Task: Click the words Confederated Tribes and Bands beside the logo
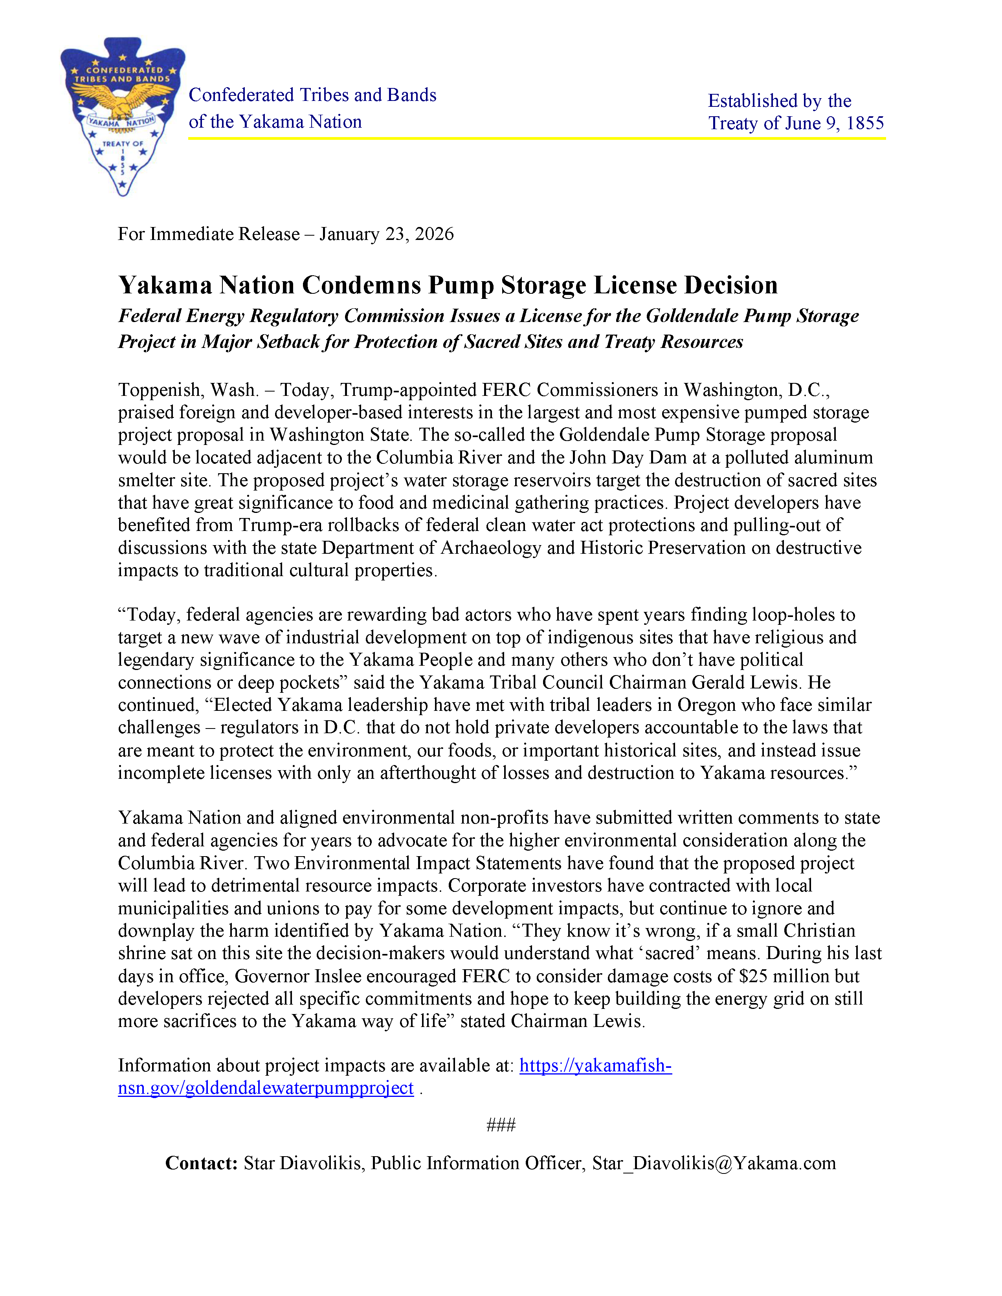pos(312,95)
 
